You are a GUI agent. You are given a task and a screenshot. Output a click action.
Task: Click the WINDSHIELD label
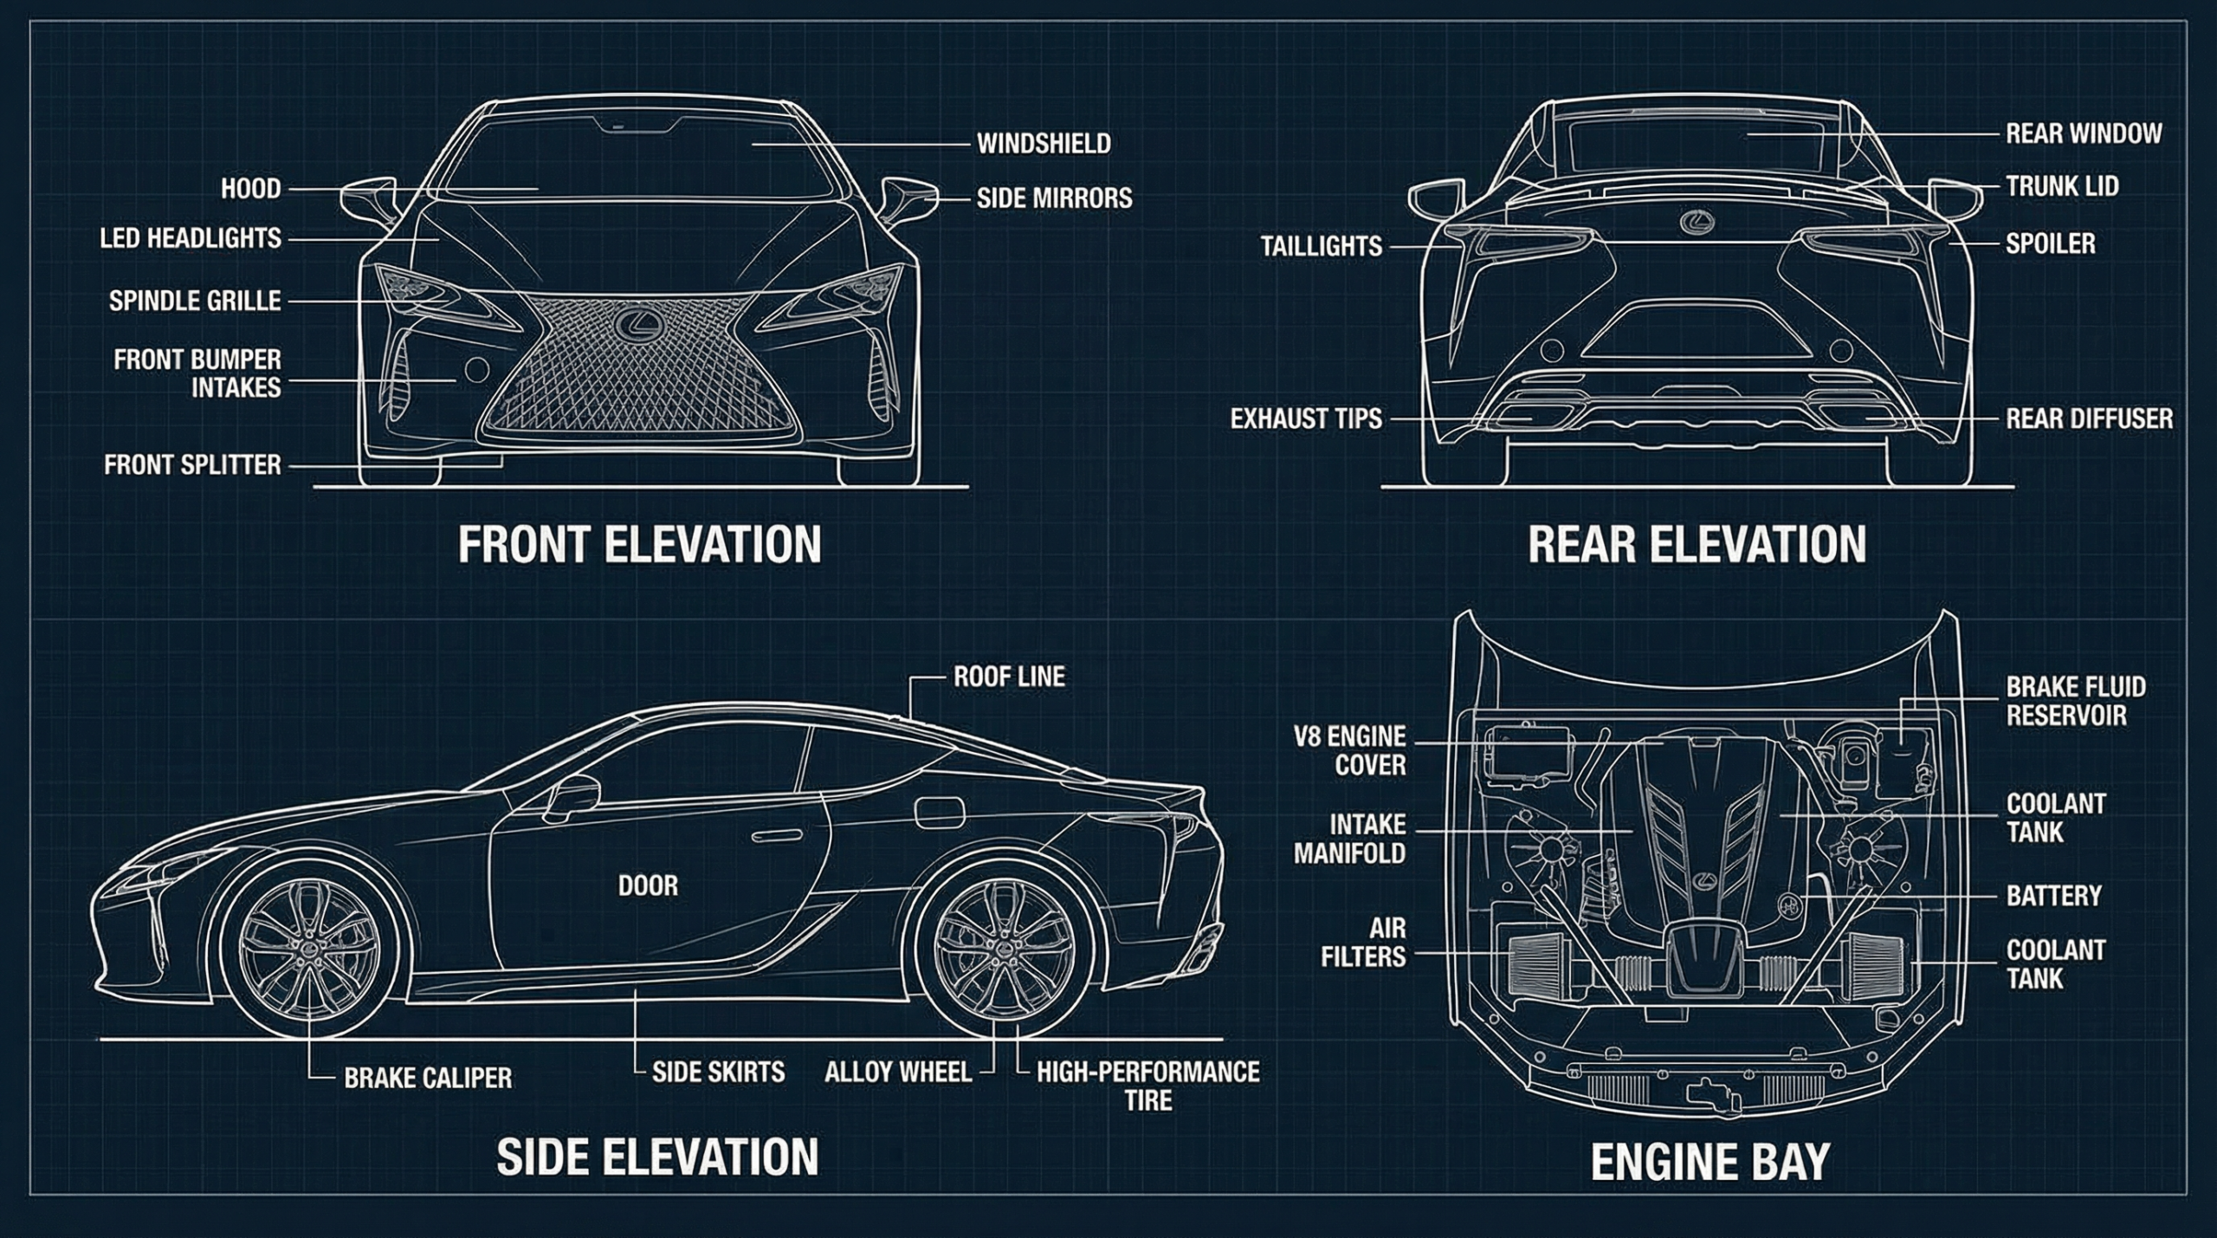coord(1044,144)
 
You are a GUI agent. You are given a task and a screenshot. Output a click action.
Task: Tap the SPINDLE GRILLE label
coord(195,301)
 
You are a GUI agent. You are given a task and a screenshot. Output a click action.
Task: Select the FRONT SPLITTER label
coord(192,465)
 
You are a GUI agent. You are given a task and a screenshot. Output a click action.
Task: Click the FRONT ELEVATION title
coord(639,544)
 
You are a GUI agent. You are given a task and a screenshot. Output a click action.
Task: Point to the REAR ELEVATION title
coord(1697,544)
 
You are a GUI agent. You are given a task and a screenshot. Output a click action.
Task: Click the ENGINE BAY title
coord(1710,1162)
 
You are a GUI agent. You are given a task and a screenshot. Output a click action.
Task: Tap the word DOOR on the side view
coord(648,885)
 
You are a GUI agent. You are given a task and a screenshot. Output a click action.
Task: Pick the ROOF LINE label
coord(1009,677)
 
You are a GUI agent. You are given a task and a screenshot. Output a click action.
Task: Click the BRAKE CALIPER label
coord(428,1078)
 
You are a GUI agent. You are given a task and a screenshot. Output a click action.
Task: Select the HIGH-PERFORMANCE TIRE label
coord(1147,1086)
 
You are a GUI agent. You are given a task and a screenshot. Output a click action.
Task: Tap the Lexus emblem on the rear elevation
coord(1697,223)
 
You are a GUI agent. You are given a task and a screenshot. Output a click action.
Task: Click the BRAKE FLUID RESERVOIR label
coord(2075,701)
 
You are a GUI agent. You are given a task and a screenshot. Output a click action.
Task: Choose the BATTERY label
coord(2053,895)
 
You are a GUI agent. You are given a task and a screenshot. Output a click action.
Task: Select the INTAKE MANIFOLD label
coord(1349,839)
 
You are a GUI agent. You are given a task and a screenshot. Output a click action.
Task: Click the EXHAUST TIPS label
coord(1306,419)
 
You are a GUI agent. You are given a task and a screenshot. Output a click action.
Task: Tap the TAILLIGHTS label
coord(1321,246)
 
